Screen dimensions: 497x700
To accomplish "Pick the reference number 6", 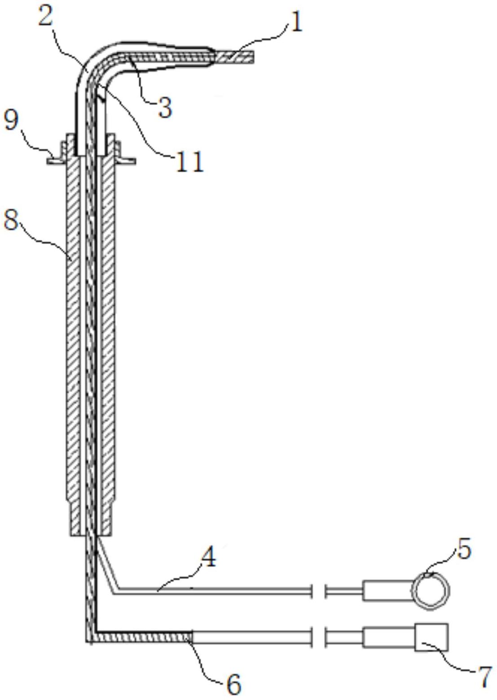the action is point(233,684).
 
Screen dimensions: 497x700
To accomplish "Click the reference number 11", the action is point(190,162).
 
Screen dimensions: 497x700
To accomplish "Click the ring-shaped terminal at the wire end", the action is point(431,591).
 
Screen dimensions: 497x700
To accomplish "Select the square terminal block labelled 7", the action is point(431,637).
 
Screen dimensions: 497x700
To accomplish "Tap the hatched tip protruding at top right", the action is point(235,57).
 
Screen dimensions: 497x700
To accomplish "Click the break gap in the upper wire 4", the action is point(318,591).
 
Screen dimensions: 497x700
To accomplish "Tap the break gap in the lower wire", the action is point(318,637).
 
